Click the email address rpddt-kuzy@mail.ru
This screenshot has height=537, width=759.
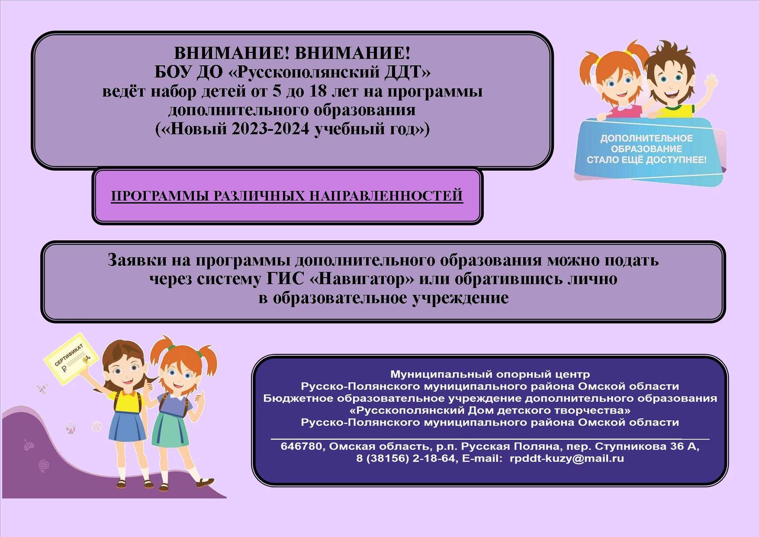pos(567,458)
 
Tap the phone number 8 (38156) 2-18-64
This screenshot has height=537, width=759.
pos(405,458)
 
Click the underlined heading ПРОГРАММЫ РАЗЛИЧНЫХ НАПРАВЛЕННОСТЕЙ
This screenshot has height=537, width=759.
pos(287,196)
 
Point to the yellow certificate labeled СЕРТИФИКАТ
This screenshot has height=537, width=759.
pos(71,359)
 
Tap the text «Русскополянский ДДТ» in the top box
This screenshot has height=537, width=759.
pos(329,72)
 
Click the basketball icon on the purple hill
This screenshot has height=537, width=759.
pos(97,426)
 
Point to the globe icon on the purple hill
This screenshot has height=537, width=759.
pos(44,466)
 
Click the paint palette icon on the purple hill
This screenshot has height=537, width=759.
pos(29,445)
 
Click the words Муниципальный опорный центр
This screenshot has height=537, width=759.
pos(490,374)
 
